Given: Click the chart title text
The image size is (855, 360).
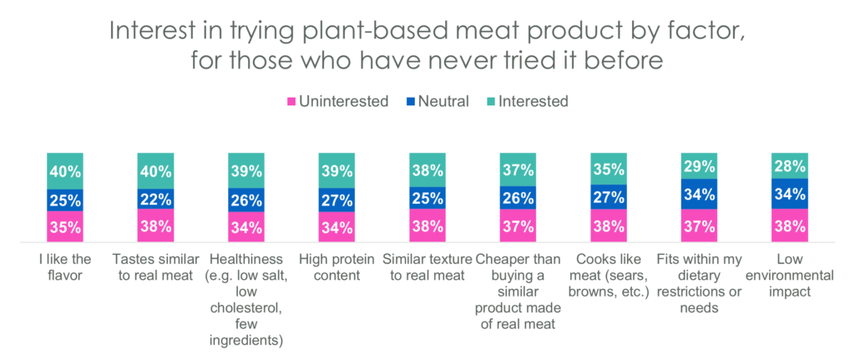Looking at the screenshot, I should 427,48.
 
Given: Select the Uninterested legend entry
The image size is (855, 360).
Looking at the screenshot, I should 338,102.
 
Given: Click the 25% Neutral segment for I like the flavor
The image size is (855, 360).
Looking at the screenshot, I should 65,200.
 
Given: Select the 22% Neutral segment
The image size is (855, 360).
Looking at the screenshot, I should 155,199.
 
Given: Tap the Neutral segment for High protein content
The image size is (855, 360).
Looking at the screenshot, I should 337,200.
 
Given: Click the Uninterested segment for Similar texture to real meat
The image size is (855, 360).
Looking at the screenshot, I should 427,226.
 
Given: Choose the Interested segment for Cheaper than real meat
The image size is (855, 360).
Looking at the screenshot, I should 519,170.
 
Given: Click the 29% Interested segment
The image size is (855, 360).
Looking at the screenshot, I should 700,166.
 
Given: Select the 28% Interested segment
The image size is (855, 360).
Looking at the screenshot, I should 790,165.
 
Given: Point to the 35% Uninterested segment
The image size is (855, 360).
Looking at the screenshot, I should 65,227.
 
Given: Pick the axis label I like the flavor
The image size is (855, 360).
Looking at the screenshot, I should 65,266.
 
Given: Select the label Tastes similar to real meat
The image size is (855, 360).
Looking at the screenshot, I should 155,266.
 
